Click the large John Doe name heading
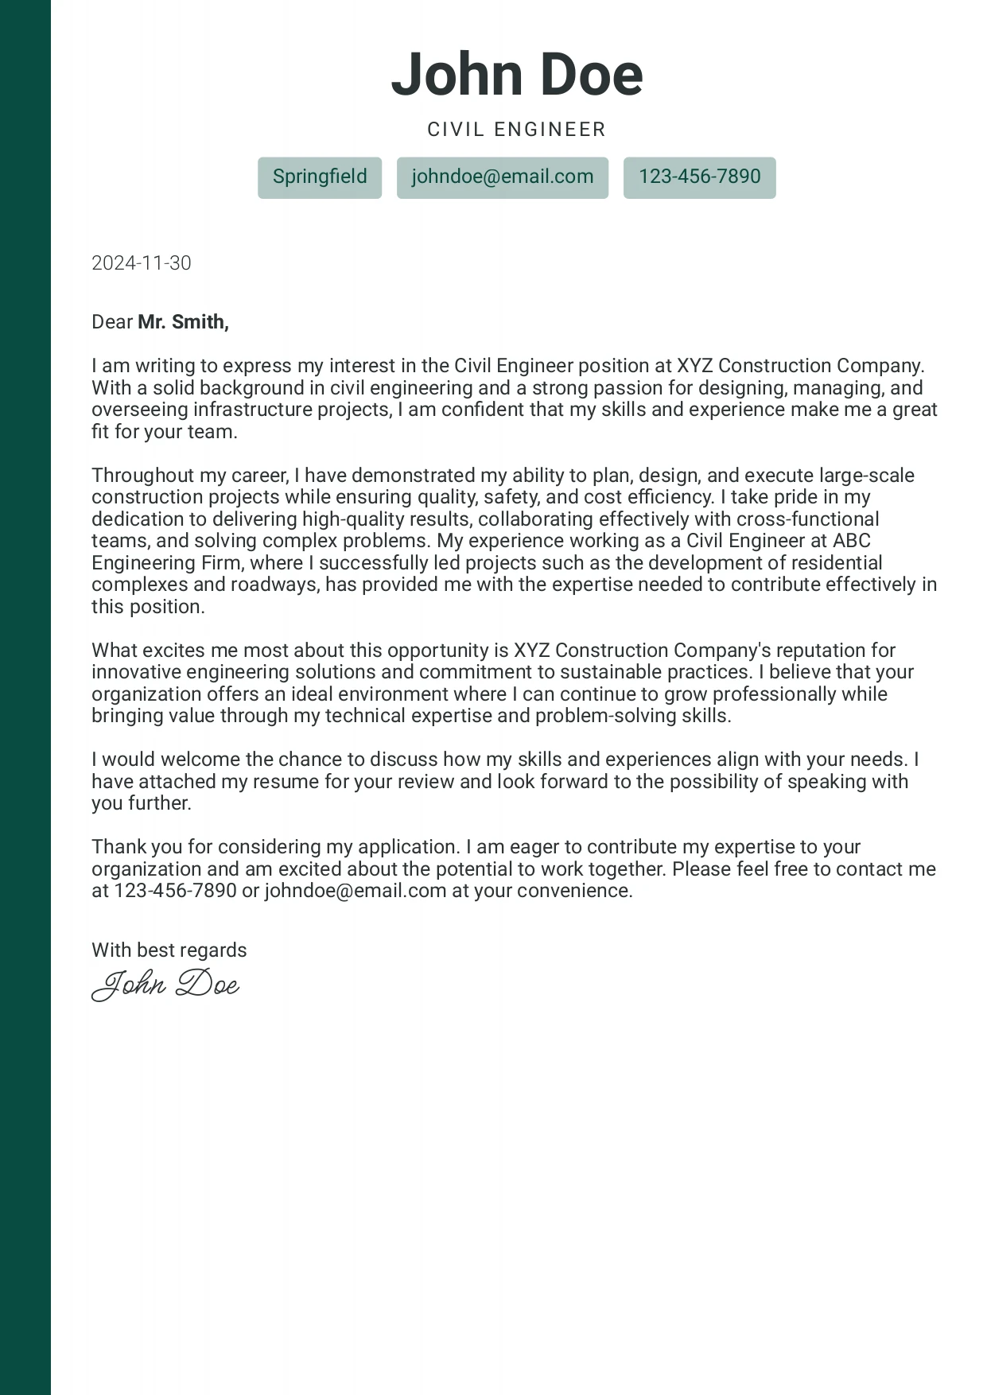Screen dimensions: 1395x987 (517, 74)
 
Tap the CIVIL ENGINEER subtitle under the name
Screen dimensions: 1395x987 (517, 130)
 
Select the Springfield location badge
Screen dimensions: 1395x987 (320, 177)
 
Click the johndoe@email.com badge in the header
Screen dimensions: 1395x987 (503, 177)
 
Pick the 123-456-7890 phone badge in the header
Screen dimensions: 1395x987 (700, 177)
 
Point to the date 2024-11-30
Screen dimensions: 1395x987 (142, 263)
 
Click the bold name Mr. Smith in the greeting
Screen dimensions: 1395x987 (183, 322)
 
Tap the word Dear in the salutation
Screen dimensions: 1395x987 (112, 322)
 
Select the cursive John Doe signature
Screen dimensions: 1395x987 (165, 985)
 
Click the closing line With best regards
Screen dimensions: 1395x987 (169, 950)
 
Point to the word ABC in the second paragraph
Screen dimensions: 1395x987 (852, 541)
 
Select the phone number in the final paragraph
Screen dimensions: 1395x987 (175, 891)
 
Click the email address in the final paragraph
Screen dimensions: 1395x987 (356, 891)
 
